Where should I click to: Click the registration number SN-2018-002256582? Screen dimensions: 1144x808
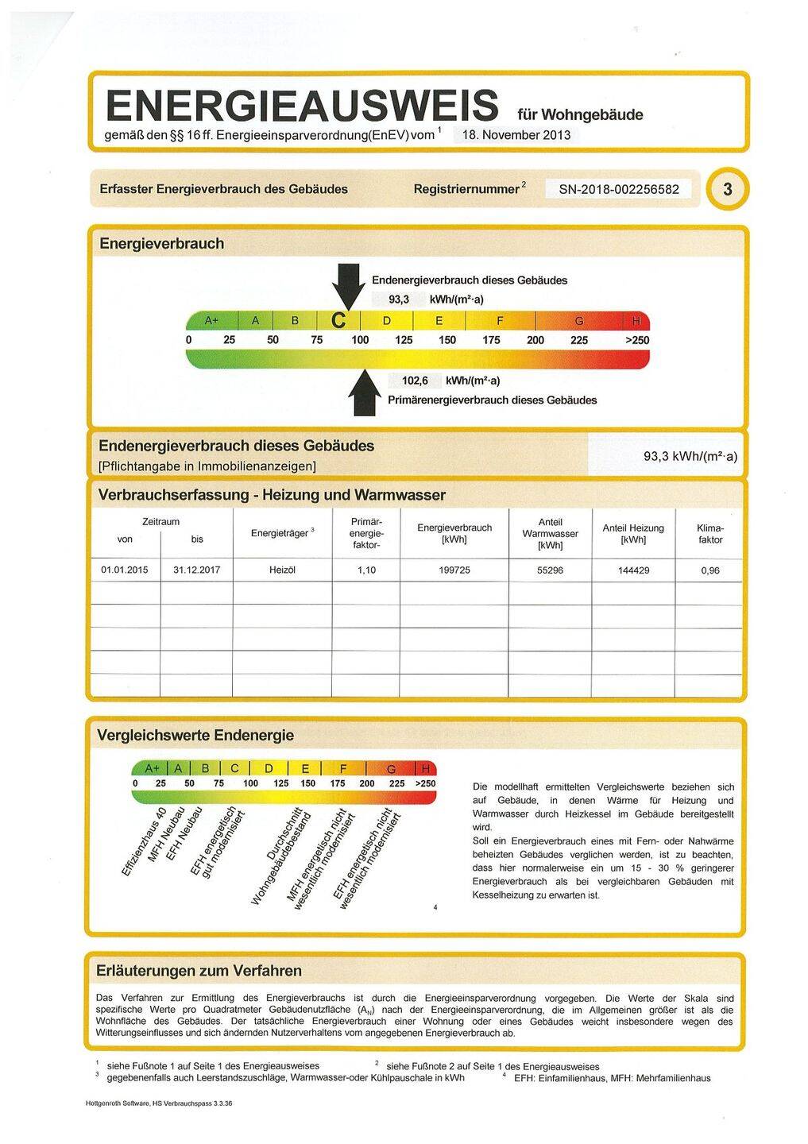click(619, 189)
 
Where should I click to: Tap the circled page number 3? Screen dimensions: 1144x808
click(727, 190)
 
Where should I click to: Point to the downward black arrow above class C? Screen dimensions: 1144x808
click(346, 285)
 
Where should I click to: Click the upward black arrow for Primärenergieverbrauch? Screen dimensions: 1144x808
click(365, 392)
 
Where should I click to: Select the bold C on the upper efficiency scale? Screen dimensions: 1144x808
click(338, 321)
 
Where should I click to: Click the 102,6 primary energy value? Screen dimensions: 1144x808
click(415, 381)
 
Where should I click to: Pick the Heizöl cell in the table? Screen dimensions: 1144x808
click(282, 570)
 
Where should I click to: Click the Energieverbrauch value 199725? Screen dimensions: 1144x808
click(454, 570)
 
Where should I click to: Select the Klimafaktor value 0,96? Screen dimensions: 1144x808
click(709, 570)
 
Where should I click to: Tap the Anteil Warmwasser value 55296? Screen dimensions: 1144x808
click(550, 570)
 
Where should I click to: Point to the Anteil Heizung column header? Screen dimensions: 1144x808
click(633, 533)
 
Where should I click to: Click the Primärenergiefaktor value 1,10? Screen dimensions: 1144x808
click(365, 570)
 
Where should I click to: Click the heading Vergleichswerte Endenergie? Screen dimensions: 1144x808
click(195, 735)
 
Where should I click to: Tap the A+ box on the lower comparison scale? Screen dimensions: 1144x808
click(151, 768)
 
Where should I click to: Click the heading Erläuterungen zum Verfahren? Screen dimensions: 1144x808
click(199, 971)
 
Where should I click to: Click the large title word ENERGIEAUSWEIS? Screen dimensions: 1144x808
click(302, 106)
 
